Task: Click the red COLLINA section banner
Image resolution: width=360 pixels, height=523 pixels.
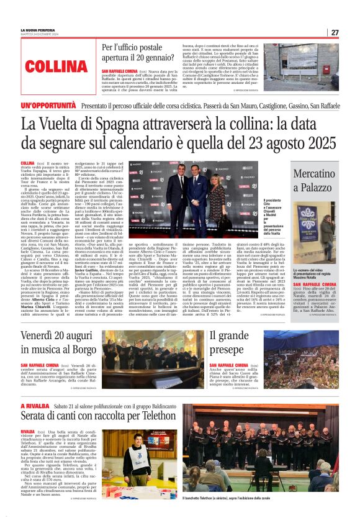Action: (x=57, y=66)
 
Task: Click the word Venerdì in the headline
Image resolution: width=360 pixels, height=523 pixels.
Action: (x=41, y=335)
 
